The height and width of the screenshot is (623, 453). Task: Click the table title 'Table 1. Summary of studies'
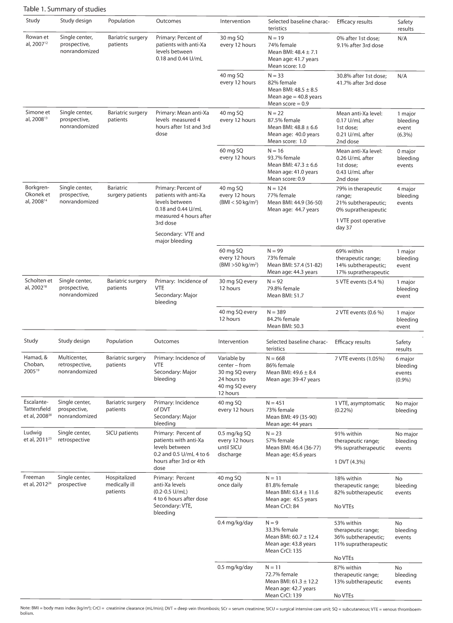(61, 9)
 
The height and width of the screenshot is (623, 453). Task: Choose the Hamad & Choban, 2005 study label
(36, 365)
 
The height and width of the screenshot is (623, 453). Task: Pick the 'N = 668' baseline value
(278, 358)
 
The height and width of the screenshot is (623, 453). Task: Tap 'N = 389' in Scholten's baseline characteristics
(279, 312)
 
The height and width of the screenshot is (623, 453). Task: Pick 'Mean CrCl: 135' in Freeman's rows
(283, 551)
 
